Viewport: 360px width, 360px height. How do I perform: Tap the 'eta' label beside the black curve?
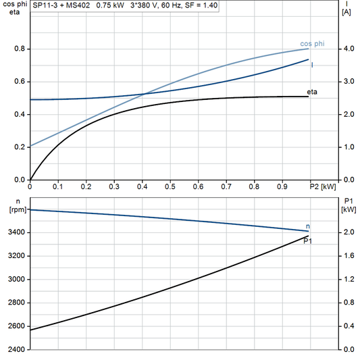click(312, 91)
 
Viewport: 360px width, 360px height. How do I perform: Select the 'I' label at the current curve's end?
click(312, 65)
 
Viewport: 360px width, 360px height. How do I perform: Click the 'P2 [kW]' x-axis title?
click(322, 186)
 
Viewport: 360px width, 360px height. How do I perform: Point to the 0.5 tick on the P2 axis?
click(170, 186)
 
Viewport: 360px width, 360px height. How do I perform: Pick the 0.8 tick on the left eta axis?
click(20, 49)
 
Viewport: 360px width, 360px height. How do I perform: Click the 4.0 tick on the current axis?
click(348, 49)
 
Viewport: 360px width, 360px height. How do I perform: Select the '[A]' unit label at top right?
click(347, 12)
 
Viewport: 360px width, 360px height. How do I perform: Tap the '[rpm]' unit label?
click(16, 209)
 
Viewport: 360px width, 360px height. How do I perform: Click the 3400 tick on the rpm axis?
click(15, 232)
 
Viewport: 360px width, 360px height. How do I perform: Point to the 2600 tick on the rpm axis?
click(15, 326)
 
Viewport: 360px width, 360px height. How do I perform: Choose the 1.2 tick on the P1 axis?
click(348, 279)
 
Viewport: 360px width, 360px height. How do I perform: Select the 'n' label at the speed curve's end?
click(309, 226)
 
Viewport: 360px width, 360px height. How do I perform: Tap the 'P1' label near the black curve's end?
click(308, 241)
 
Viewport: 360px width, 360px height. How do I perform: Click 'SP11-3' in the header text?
click(45, 5)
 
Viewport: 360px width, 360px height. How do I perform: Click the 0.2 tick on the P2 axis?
click(86, 186)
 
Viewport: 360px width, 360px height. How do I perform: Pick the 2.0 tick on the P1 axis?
click(348, 232)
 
